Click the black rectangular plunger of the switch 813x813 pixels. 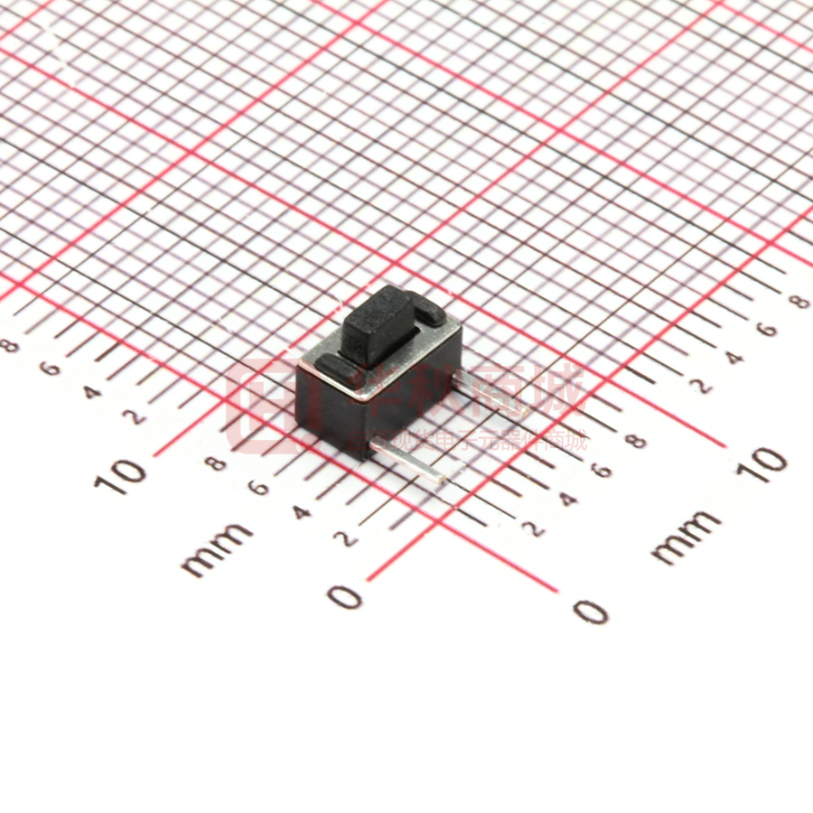pyautogui.click(x=378, y=325)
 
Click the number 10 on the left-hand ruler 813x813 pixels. pyautogui.click(x=119, y=474)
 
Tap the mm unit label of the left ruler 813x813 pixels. pyautogui.click(x=217, y=548)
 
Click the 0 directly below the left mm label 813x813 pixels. pyautogui.click(x=345, y=596)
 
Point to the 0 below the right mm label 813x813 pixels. pyautogui.click(x=592, y=612)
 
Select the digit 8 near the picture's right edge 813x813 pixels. pyautogui.click(x=799, y=301)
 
